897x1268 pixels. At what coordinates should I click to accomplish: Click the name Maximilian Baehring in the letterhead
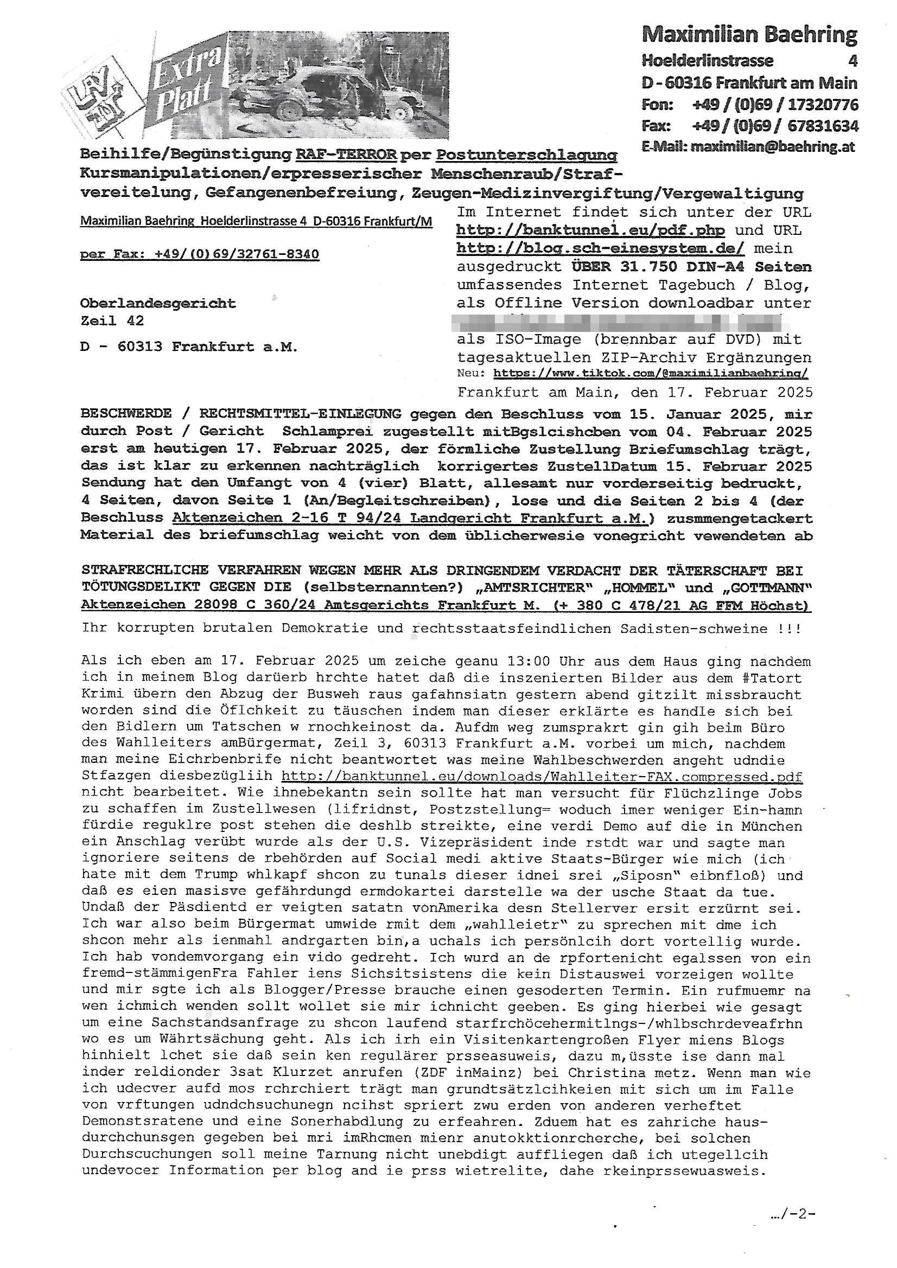[749, 35]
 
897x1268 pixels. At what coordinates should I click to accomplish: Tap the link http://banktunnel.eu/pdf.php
[591, 230]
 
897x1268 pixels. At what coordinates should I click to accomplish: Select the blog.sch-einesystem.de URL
[600, 248]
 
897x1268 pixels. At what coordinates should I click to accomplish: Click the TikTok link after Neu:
[650, 373]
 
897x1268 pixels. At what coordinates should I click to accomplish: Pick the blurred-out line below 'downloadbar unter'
[619, 322]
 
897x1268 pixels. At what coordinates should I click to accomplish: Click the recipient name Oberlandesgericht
[157, 303]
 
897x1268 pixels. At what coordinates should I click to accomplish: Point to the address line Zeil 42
[112, 321]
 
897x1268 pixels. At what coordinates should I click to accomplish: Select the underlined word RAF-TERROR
[346, 155]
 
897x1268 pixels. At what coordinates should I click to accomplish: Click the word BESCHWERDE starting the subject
[126, 413]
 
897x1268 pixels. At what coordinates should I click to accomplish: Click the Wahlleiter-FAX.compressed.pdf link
[542, 777]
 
